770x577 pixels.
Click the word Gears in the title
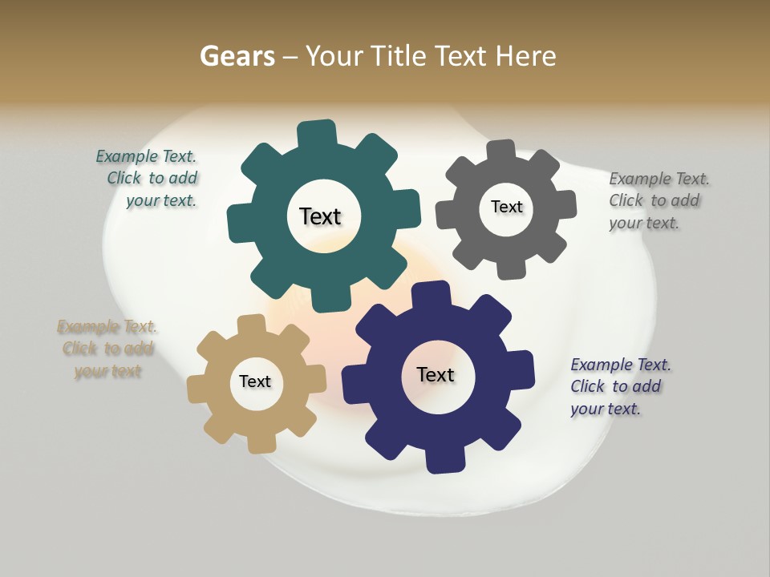point(237,56)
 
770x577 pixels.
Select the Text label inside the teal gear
point(320,216)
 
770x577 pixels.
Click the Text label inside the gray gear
point(506,207)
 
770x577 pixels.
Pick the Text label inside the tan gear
point(255,381)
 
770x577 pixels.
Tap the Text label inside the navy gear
point(436,374)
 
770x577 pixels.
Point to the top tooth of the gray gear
point(500,152)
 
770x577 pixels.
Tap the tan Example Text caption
point(107,349)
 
